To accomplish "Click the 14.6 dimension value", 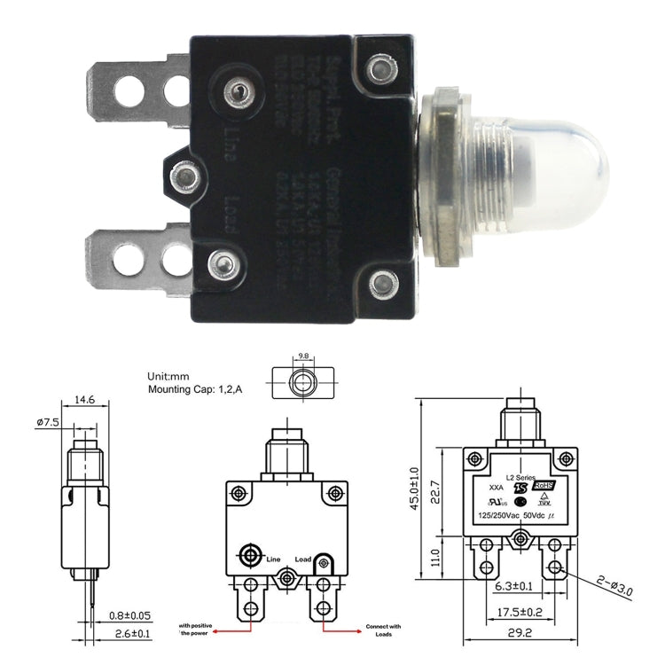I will tap(84, 401).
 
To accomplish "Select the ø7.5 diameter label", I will tap(46, 422).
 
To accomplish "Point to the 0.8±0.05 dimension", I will tap(128, 614).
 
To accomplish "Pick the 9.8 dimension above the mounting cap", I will tap(303, 356).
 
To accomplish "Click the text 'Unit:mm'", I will tap(168, 376).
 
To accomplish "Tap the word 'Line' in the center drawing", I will tap(273, 559).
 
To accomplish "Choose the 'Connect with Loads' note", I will tap(383, 630).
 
